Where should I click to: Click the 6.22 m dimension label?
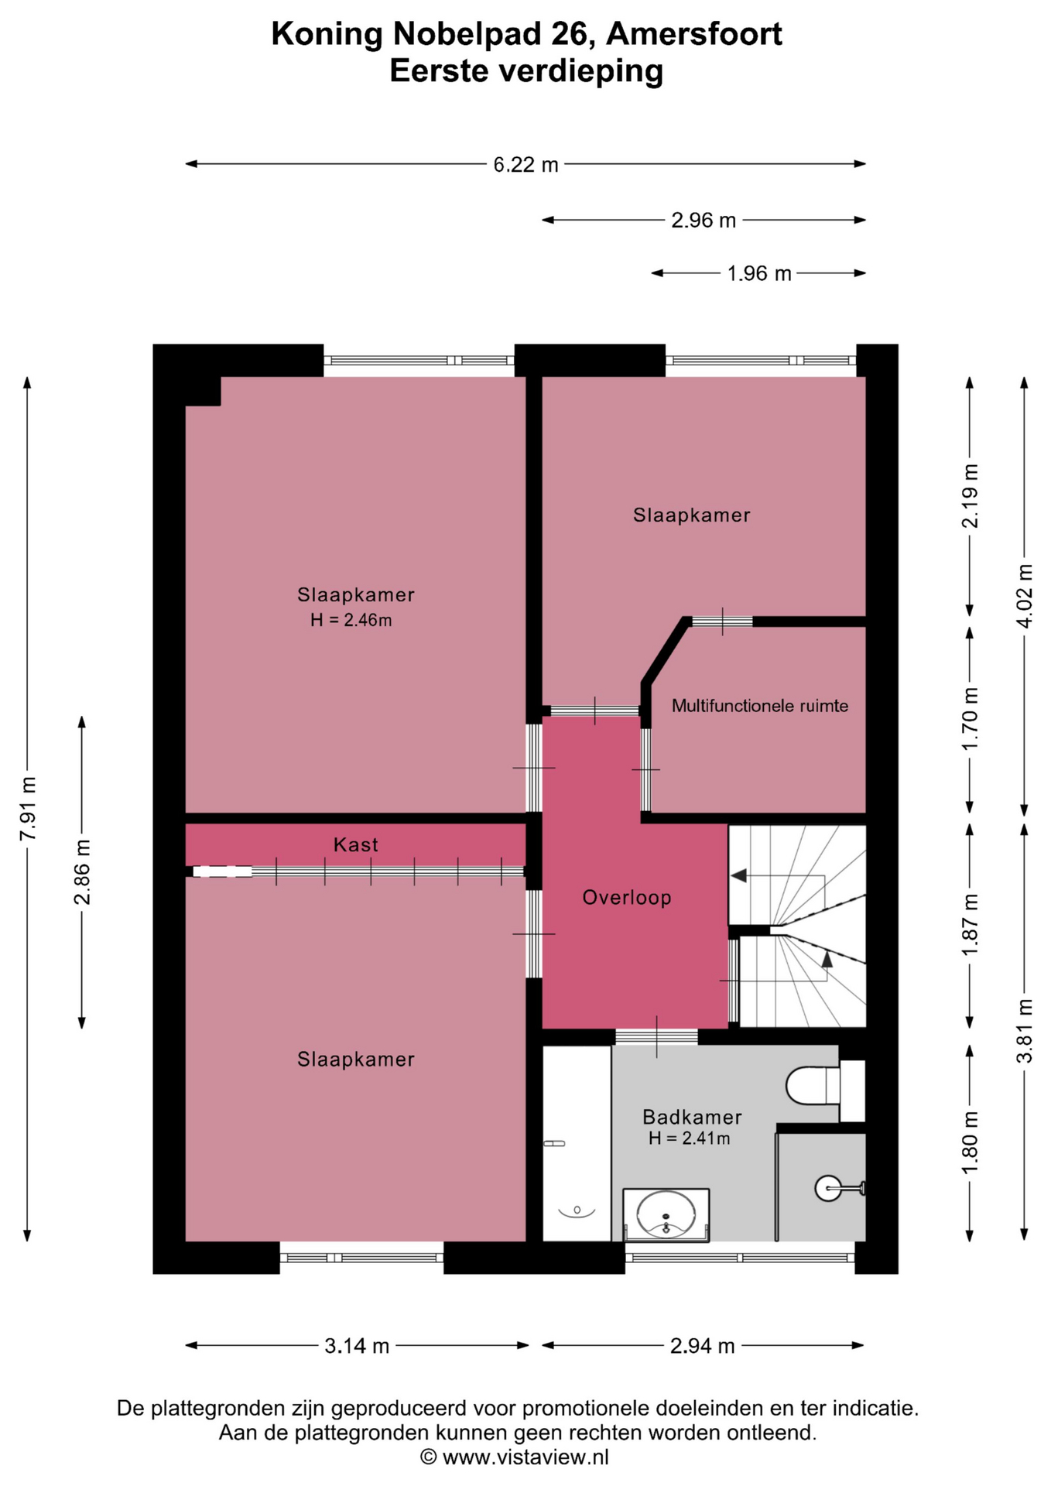coord(525,165)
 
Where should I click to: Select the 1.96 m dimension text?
coord(759,274)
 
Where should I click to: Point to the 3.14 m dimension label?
coord(357,1346)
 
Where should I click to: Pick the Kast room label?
coord(356,844)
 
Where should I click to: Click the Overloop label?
coord(627,898)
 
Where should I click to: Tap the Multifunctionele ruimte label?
coord(760,706)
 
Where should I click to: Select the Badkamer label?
coord(692,1117)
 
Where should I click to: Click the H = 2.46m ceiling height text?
coord(351,620)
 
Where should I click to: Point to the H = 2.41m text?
coord(690,1138)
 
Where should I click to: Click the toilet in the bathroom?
coord(824,1086)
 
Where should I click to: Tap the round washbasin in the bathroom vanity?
coord(666,1214)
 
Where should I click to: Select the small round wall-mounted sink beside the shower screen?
coord(830,1188)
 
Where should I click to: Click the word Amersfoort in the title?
coord(694,34)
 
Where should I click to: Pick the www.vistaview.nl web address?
coord(525,1457)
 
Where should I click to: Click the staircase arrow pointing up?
coord(827,960)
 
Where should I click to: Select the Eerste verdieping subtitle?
coord(526,71)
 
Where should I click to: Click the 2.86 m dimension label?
coord(82,871)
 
